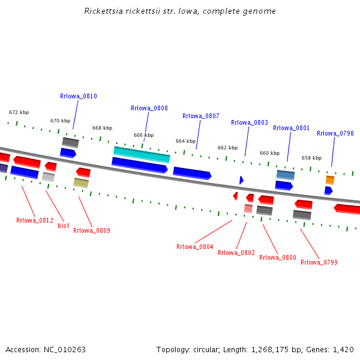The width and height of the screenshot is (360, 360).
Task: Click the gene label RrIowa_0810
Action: coord(79,96)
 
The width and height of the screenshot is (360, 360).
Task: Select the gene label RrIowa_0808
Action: coord(149,108)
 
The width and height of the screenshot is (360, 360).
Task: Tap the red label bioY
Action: coord(64,226)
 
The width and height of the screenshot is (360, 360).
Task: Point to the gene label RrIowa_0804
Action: coord(194,247)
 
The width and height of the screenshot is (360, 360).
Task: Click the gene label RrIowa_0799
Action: coord(319,262)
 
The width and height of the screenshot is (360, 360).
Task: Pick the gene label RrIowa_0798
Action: coord(335,133)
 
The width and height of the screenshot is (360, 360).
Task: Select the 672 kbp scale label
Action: coord(19,112)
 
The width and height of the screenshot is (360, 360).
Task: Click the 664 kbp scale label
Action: coord(185,141)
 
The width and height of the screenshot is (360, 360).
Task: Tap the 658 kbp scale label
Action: coord(311,158)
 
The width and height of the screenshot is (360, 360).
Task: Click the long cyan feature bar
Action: coord(142,155)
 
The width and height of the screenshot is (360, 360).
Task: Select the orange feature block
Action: coord(330,180)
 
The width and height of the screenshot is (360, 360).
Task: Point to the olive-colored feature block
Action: coord(81,183)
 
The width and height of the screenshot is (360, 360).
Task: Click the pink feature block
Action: coord(248,208)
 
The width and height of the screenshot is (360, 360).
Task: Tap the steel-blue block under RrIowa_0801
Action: coord(286,175)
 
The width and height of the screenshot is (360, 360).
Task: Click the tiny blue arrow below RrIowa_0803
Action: coord(241,180)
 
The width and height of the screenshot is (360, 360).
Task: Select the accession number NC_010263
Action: coord(65,350)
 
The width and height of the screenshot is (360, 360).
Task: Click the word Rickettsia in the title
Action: coord(104,11)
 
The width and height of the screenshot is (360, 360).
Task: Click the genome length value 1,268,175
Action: coord(270,350)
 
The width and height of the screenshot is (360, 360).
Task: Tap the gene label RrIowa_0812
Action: coord(35,220)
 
